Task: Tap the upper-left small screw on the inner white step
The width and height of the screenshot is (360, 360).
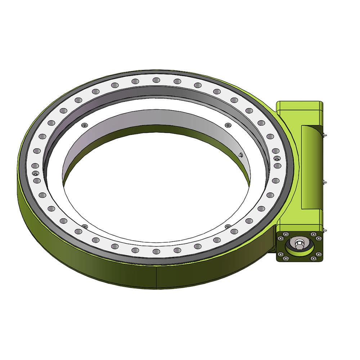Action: (84, 125)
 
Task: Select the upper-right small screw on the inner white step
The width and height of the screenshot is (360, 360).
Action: (227, 125)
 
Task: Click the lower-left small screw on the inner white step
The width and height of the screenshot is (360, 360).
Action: (85, 226)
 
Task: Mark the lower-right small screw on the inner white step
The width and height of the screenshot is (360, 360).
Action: (228, 226)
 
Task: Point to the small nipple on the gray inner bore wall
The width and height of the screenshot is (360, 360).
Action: (240, 155)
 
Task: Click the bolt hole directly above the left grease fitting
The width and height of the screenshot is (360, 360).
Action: (35, 166)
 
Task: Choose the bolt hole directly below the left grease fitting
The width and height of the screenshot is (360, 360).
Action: (37, 180)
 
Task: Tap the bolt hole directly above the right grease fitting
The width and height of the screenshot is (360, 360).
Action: (275, 151)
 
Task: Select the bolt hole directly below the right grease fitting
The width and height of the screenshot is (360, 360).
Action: (278, 166)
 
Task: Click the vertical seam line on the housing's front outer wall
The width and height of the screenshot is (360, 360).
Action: (157, 277)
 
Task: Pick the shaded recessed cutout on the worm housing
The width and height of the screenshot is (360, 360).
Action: (310, 167)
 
